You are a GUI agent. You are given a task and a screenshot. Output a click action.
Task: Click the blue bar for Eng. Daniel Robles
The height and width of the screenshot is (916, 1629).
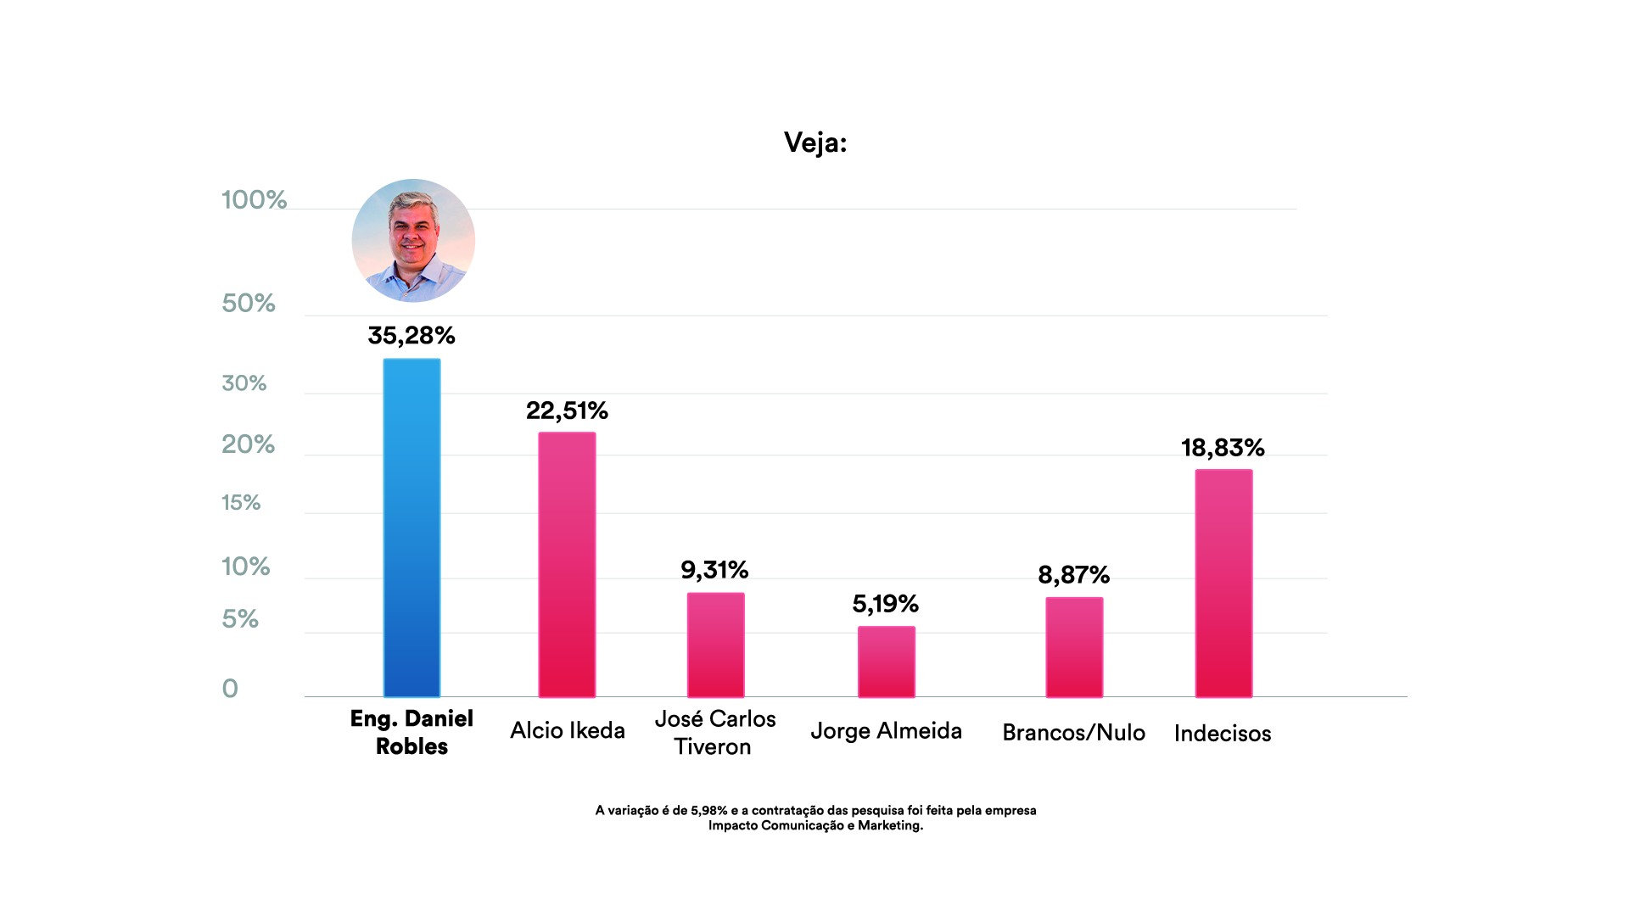(411, 528)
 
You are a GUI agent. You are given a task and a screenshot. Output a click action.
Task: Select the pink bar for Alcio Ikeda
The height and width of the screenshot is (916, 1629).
(567, 564)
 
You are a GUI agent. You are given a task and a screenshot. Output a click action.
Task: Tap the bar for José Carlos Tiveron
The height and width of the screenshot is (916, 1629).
(715, 645)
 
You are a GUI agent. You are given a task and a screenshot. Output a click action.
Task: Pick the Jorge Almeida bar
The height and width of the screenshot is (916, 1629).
(886, 662)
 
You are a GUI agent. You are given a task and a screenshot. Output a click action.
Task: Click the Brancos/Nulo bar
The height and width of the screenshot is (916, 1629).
(1074, 647)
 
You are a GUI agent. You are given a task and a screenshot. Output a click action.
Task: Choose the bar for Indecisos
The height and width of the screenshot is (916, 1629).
(1223, 583)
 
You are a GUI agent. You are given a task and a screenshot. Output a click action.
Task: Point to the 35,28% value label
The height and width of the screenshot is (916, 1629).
(411, 336)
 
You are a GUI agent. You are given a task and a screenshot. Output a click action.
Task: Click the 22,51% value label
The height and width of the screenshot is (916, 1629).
(567, 411)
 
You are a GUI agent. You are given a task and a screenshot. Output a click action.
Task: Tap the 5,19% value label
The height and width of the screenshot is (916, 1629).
(886, 604)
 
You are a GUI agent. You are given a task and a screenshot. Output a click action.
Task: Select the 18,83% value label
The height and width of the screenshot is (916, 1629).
(1223, 448)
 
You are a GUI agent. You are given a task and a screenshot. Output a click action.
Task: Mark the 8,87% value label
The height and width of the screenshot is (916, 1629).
(1074, 575)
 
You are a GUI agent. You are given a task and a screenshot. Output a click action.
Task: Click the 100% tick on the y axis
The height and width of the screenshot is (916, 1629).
(254, 200)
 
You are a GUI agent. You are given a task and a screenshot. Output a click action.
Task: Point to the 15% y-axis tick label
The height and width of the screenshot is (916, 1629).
(241, 503)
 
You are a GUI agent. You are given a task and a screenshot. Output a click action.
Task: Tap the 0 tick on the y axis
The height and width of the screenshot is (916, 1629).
(230, 689)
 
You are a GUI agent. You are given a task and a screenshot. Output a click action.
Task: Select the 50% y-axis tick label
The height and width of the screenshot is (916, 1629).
(249, 304)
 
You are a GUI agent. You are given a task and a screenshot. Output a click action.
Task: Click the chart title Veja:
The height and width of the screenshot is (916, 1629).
(815, 142)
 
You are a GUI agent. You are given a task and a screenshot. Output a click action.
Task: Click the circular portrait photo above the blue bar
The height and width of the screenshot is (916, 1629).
(413, 241)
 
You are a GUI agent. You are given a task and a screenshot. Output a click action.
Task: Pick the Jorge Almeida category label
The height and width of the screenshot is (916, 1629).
(886, 731)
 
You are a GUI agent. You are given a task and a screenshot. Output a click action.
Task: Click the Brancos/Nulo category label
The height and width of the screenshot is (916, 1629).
(1073, 733)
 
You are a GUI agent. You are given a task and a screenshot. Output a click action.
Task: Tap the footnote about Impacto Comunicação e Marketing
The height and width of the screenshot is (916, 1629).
(815, 818)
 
